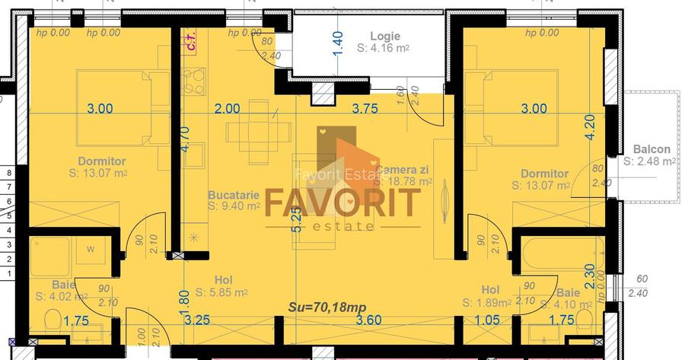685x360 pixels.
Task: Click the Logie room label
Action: [384, 36]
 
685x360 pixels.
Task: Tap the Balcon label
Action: [652, 149]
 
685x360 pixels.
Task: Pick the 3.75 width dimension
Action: [365, 108]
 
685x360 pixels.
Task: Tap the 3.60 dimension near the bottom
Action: [368, 321]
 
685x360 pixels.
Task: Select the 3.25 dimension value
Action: [197, 321]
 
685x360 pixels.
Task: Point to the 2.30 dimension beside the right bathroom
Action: [588, 273]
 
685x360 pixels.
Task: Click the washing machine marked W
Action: [91, 249]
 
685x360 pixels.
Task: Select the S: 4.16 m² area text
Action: [384, 47]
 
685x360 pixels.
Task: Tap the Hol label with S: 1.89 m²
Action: [490, 290]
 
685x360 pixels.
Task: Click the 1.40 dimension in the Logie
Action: [339, 42]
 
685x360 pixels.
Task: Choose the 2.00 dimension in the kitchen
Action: [227, 108]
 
